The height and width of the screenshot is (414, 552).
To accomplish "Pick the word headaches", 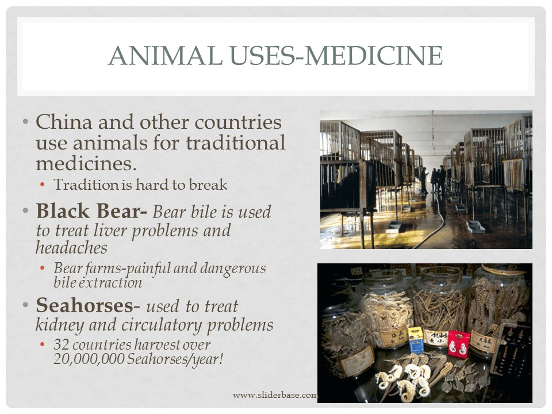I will pos(71,248).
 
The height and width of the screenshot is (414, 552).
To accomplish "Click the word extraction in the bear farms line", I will pos(113,282).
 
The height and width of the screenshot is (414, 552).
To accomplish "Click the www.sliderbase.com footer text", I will pos(275,395).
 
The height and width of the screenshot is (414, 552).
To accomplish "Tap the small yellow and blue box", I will pos(415,339).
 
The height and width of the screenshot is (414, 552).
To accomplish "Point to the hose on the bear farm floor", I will pos(437,224).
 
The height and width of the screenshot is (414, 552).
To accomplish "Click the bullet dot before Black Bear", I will pos(25,211).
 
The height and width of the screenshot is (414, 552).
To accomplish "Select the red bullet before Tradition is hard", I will pos(43,185).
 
